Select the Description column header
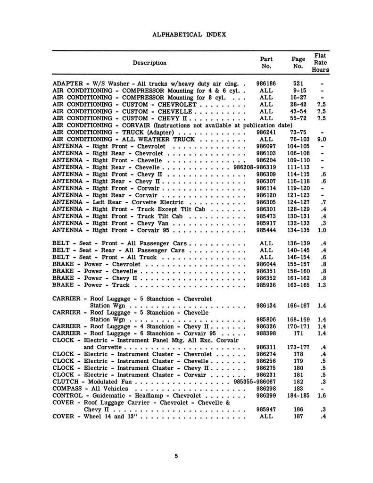pos(149,63)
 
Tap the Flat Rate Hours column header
pos(320,63)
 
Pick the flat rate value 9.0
pos(322,140)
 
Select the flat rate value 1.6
pos(322,395)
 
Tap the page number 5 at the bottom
pos(175,456)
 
